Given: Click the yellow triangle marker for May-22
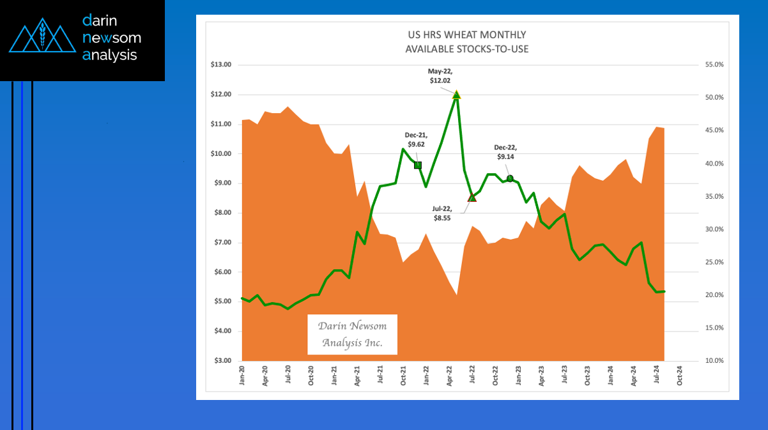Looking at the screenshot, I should (456, 95).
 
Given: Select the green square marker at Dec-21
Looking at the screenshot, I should (418, 165).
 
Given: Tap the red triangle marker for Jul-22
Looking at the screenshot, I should (472, 197).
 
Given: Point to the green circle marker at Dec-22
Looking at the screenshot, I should (510, 178).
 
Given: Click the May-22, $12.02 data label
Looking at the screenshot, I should (440, 77).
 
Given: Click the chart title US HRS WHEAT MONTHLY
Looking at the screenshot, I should (468, 35).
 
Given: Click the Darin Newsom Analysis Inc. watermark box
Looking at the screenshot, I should (352, 334).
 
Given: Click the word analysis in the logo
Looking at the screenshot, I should (110, 56).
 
